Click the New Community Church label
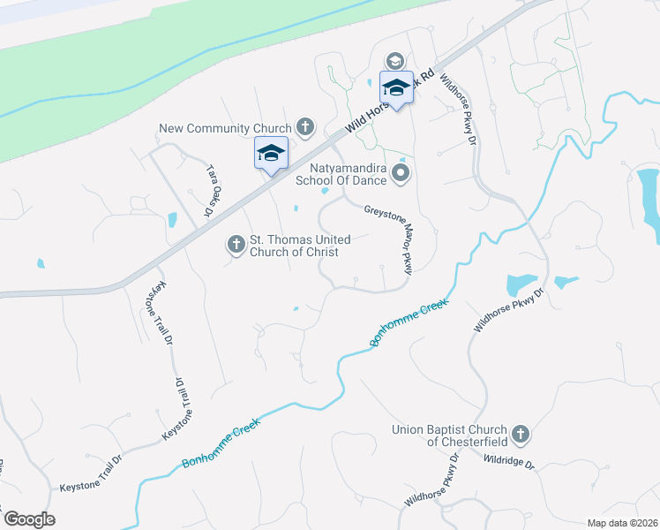225,128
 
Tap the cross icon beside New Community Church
305,128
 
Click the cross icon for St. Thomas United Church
236,243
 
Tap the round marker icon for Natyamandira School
401,173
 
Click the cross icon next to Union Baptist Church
521,434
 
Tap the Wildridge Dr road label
510,460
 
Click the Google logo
29,519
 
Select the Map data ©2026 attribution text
622,522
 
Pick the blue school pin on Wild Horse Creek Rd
396,88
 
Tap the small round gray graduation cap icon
394,60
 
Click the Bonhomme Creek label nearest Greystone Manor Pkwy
409,322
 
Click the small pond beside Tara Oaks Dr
172,219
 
